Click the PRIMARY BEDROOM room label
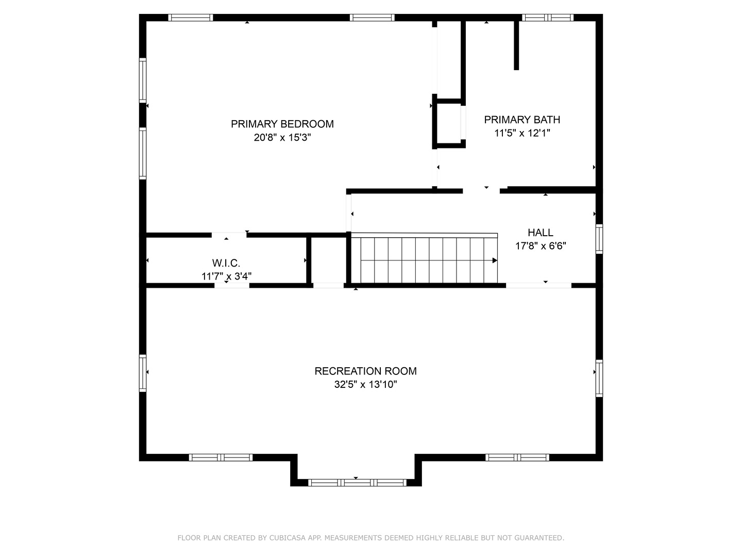[282, 124]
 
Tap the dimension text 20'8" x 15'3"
[282, 138]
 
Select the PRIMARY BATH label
[522, 120]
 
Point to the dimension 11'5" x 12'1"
[522, 133]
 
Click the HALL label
[540, 233]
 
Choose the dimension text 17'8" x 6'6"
[540, 246]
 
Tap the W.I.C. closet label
[226, 263]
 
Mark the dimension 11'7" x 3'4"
[226, 276]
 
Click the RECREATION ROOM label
[365, 371]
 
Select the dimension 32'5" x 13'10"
[365, 385]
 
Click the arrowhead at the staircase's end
[495, 260]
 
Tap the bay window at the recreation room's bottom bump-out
[357, 483]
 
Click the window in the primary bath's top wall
[547, 18]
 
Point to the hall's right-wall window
[599, 239]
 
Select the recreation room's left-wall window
[143, 372]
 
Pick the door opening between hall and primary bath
[481, 190]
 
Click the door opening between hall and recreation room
[538, 285]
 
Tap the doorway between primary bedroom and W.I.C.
[229, 235]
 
